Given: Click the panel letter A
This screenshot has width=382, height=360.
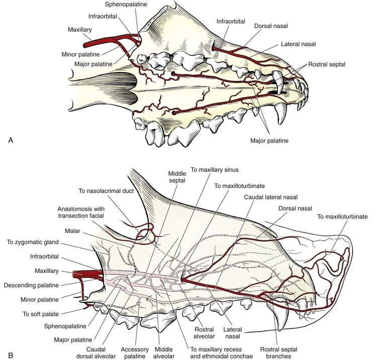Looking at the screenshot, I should [11, 141].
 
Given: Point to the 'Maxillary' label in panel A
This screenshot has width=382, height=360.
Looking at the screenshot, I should [79, 30].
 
